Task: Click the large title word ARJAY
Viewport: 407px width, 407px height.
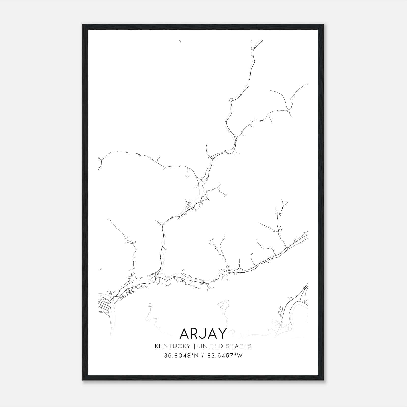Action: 203,333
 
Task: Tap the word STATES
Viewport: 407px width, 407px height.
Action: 239,346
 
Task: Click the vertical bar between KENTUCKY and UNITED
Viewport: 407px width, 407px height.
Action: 194,346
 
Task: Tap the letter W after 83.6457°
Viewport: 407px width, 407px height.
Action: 240,356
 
